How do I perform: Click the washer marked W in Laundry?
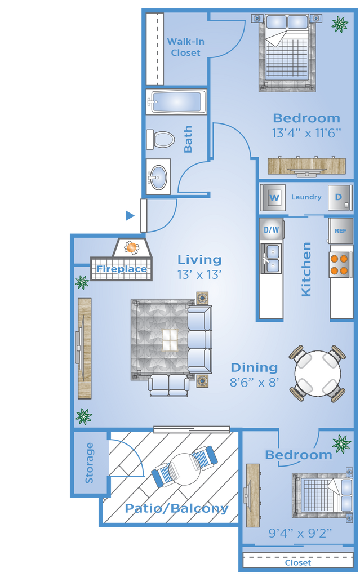coord(273,198)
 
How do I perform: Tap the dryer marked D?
coord(340,198)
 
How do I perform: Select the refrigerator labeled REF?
coord(340,231)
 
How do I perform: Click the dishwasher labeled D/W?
coord(272,230)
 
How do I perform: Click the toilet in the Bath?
coord(161,140)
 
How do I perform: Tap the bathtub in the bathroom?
coord(177,101)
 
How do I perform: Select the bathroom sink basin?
coord(158,177)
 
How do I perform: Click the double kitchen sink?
coord(272,258)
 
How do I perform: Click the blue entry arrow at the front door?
coord(130,216)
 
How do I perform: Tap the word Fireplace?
coord(122,269)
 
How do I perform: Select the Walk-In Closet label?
coord(185,47)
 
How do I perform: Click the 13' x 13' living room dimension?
coord(199,274)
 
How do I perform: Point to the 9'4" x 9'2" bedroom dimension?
coord(300,533)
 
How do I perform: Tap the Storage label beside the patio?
coord(90,463)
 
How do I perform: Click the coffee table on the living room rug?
coord(170,340)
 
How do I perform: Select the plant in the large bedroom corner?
coord(339,24)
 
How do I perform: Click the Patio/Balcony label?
coord(177,509)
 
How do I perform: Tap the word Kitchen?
coord(306,269)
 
